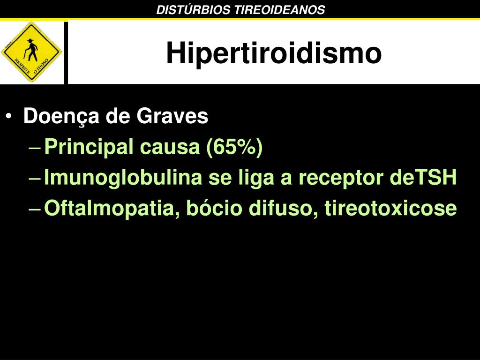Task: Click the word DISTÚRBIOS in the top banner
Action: (193, 10)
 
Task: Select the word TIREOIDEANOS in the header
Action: (279, 10)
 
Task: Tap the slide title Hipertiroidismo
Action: (274, 52)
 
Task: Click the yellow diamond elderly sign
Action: (32, 52)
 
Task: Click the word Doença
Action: (61, 117)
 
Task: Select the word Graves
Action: (172, 116)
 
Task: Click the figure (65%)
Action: (234, 147)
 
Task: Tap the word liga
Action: (256, 178)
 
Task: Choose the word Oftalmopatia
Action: (112, 209)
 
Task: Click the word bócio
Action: (214, 208)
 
